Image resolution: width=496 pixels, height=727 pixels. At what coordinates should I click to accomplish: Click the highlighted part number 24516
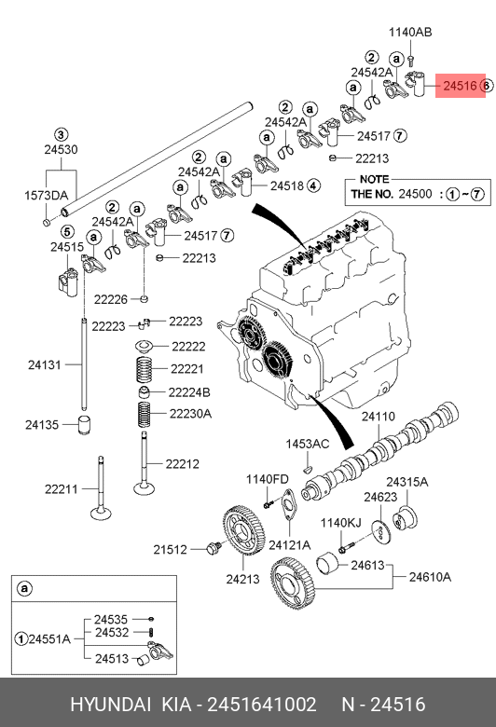460,86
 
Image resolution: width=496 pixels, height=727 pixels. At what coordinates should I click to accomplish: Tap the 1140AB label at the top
410,32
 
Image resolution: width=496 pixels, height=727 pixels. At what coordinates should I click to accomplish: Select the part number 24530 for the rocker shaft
61,150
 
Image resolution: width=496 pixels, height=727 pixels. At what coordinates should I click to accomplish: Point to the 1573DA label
46,195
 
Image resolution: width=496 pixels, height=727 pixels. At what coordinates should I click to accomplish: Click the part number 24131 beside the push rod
45,364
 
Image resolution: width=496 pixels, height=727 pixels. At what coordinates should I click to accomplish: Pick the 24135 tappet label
42,424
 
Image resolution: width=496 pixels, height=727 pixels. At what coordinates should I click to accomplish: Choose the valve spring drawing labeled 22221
145,369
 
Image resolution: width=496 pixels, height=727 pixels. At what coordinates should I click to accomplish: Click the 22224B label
189,392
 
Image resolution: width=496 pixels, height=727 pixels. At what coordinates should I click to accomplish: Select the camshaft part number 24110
379,417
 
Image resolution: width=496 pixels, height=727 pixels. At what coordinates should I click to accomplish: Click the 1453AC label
307,444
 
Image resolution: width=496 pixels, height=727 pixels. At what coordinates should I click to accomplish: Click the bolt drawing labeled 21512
214,548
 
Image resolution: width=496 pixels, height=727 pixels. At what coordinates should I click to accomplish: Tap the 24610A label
430,577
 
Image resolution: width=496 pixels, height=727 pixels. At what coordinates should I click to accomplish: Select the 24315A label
407,482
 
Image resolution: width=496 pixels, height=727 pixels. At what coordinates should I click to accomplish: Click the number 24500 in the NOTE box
415,194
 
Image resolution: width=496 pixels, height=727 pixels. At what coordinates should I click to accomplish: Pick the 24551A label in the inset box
49,638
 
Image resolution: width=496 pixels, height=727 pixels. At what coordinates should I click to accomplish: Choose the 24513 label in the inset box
111,658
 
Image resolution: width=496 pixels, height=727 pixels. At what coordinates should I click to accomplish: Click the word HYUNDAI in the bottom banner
110,705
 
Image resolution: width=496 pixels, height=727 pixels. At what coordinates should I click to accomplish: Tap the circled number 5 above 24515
67,231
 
